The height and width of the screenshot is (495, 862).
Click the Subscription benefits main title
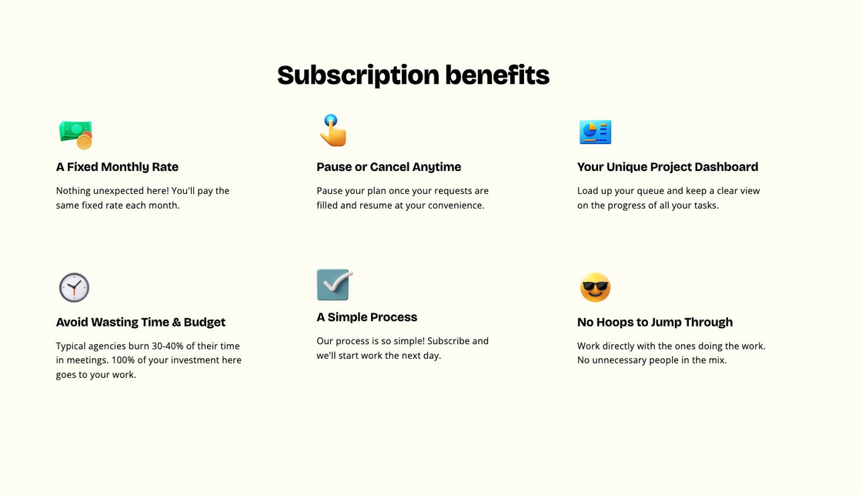(413, 75)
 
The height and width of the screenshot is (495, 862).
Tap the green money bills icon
(75, 135)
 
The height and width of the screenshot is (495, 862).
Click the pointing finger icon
(333, 130)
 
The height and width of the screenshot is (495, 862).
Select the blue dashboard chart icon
(596, 132)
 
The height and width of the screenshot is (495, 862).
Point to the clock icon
(74, 287)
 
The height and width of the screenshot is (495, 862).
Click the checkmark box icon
(334, 284)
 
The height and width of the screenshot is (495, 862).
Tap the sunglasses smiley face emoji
(596, 287)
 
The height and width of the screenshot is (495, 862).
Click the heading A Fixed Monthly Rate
(117, 166)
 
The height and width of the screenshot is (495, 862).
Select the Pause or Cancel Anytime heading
(389, 166)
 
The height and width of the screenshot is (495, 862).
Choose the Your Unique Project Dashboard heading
(667, 166)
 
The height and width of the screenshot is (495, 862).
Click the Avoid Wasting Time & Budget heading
(141, 322)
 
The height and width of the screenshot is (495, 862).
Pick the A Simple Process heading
(366, 317)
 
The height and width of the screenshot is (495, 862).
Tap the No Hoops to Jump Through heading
(655, 322)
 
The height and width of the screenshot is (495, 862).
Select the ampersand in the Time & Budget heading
(176, 322)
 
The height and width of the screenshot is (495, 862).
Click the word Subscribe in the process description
(448, 341)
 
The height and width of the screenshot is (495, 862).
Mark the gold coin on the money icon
(84, 142)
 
